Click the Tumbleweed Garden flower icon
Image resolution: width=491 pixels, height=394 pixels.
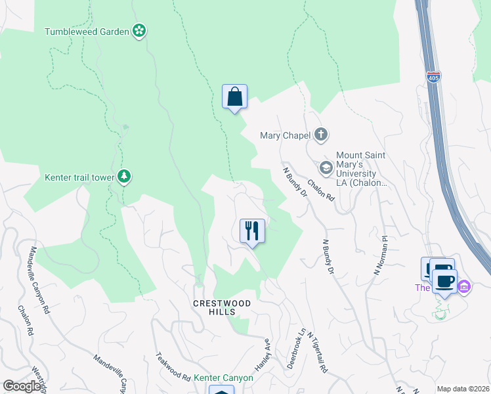pos(139,31)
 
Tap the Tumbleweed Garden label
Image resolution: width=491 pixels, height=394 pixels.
pos(87,31)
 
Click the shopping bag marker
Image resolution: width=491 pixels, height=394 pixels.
pos(234,97)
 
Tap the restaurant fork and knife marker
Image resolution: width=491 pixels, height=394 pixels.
pos(252,231)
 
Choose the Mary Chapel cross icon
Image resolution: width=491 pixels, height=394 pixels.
pos(321,135)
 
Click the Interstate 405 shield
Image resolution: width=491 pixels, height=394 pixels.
pos(433,77)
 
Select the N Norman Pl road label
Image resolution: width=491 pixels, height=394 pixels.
pos(381,255)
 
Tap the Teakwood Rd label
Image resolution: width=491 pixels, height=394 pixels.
pos(173,368)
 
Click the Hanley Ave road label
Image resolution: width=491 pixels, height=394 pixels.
pos(263,353)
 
